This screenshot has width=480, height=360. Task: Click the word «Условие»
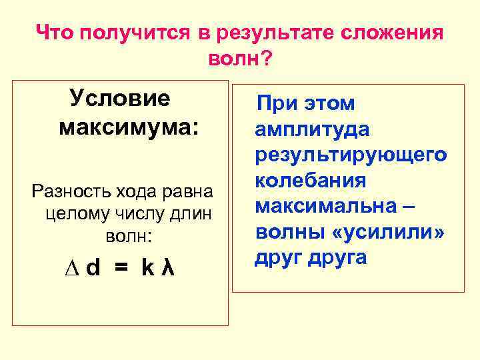(120, 99)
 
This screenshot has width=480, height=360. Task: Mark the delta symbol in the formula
(74, 269)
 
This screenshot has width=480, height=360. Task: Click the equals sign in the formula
(120, 269)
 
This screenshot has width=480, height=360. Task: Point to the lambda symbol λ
(169, 269)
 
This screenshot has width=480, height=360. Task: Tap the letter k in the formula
(147, 269)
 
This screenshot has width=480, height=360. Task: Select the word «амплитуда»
(312, 130)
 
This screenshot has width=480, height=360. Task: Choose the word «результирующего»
(351, 155)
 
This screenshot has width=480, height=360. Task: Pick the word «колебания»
(311, 181)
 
